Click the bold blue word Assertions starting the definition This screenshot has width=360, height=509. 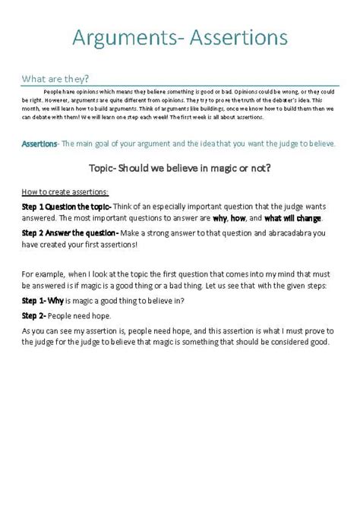(39, 144)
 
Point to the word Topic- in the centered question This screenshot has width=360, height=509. (109, 167)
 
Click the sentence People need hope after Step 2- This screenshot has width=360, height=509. (81, 315)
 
